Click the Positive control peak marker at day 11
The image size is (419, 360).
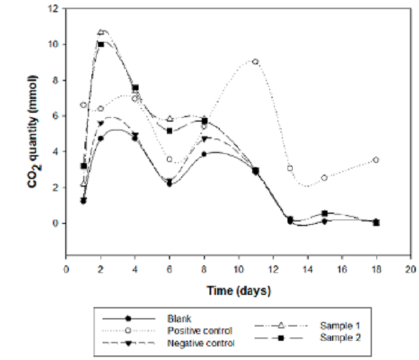[256, 62]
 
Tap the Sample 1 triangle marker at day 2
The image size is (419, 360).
[101, 32]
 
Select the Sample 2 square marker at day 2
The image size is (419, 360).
[101, 44]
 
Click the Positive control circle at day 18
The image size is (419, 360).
[376, 160]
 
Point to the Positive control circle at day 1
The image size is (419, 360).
[83, 105]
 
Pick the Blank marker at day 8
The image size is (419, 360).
[204, 154]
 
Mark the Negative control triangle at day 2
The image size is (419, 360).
[101, 124]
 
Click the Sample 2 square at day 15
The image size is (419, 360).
[325, 213]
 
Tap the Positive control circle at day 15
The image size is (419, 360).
[325, 178]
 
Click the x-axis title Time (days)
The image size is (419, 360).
[238, 290]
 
